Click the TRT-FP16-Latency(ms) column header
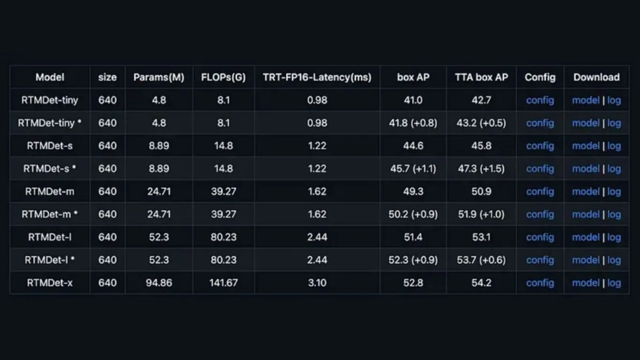(317, 77)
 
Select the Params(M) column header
(159, 77)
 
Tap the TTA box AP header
(482, 77)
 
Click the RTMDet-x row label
(50, 283)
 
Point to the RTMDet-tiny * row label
(50, 123)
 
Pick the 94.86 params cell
(159, 283)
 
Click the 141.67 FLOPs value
(223, 283)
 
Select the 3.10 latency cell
(317, 283)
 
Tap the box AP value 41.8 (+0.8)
(413, 123)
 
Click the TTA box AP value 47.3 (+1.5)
(482, 169)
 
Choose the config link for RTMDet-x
(540, 283)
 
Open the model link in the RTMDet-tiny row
(586, 100)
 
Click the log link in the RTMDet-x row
(614, 283)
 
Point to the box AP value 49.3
(413, 191)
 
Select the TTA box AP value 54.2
(482, 283)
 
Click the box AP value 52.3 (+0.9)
(413, 260)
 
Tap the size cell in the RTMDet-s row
(107, 146)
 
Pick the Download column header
(596, 77)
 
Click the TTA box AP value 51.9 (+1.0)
(482, 214)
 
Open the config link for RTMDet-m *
(540, 214)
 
